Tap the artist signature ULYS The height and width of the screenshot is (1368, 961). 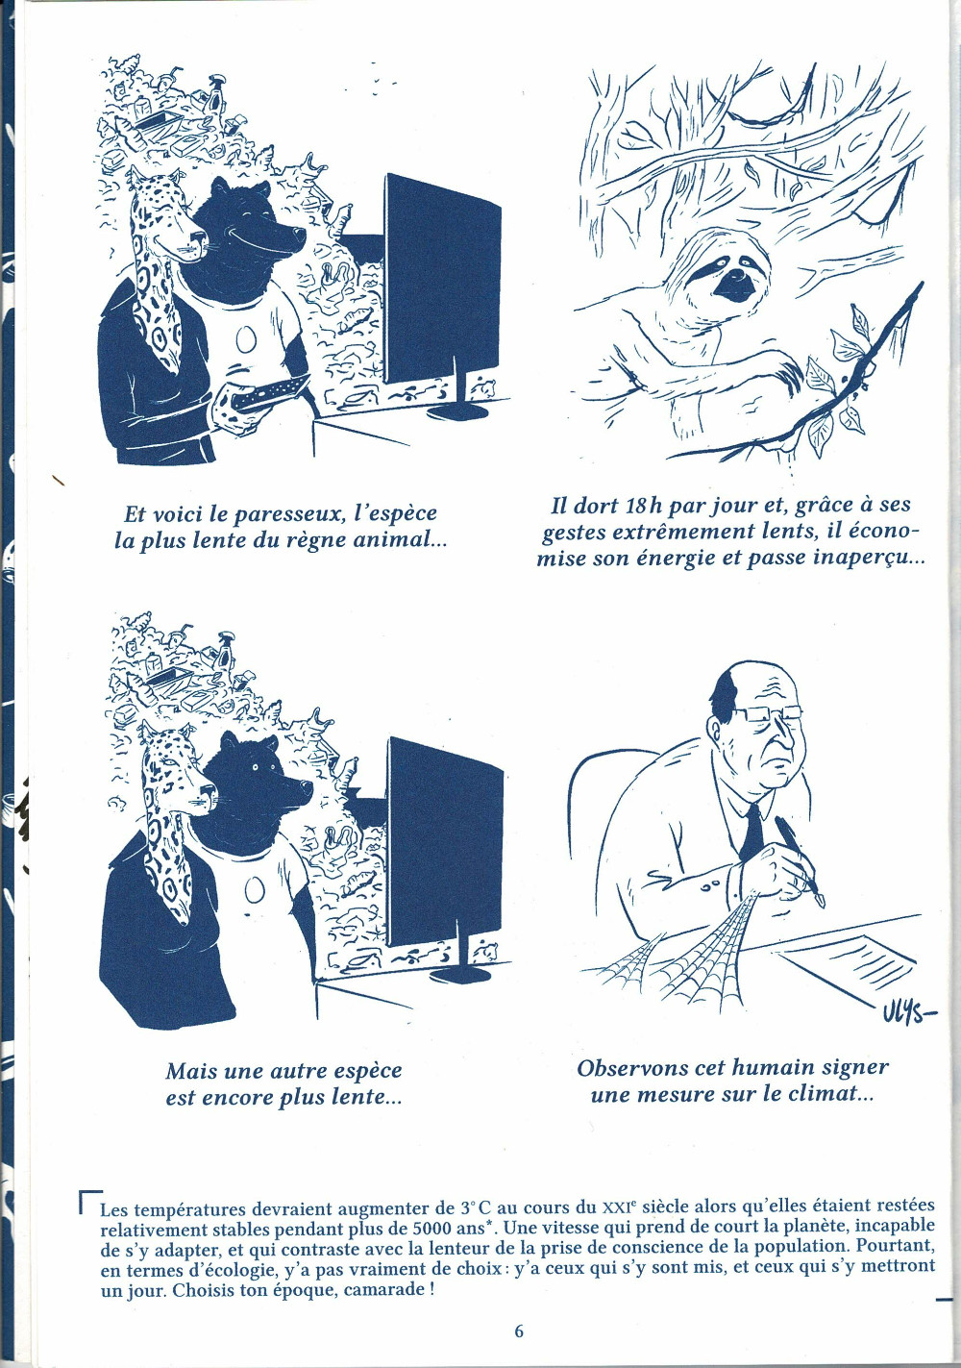tap(908, 1018)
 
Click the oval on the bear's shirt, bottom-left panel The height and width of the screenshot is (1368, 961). tap(252, 893)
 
